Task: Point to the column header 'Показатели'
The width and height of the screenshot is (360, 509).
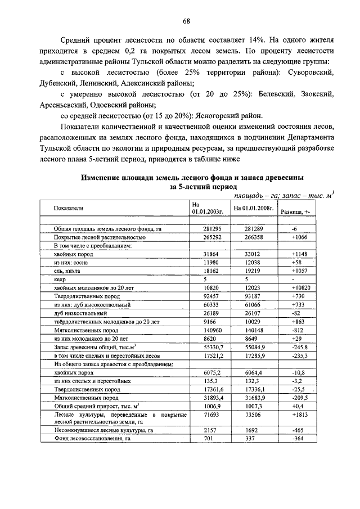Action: [68, 208]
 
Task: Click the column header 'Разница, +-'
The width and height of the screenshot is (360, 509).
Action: [299, 211]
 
